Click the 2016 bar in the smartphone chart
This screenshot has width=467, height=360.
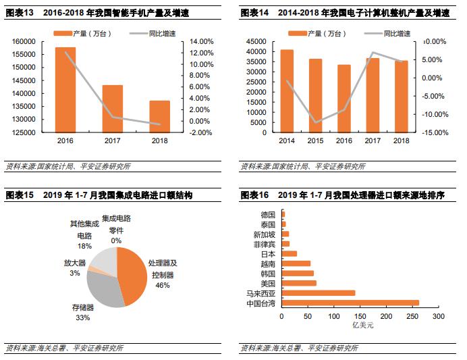(65, 89)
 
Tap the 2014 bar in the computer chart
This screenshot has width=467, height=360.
(287, 91)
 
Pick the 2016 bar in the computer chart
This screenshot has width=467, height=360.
(344, 98)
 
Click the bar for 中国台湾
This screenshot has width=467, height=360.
(350, 303)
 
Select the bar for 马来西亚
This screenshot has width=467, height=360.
(319, 293)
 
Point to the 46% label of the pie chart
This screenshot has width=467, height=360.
(161, 286)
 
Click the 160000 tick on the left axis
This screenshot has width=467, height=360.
(24, 42)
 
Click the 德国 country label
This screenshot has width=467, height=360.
(268, 215)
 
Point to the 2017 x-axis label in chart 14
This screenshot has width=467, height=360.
(373, 140)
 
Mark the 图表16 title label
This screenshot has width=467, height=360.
(254, 195)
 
